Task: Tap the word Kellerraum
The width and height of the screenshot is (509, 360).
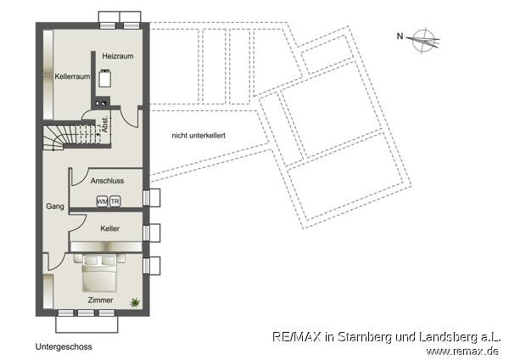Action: click(73, 76)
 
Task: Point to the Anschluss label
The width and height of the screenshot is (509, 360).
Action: click(108, 181)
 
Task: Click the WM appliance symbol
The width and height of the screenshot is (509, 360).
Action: click(102, 201)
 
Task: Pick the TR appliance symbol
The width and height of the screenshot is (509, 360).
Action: click(115, 201)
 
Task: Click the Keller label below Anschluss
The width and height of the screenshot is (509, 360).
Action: click(109, 229)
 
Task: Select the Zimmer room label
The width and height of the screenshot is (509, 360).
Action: click(99, 300)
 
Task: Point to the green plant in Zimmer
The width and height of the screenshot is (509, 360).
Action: click(135, 301)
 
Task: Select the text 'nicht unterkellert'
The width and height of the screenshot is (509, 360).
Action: click(198, 136)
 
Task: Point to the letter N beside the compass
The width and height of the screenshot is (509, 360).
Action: click(400, 36)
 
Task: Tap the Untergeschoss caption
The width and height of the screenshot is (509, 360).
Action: click(64, 347)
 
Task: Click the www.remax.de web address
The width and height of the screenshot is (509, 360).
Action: click(462, 350)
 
